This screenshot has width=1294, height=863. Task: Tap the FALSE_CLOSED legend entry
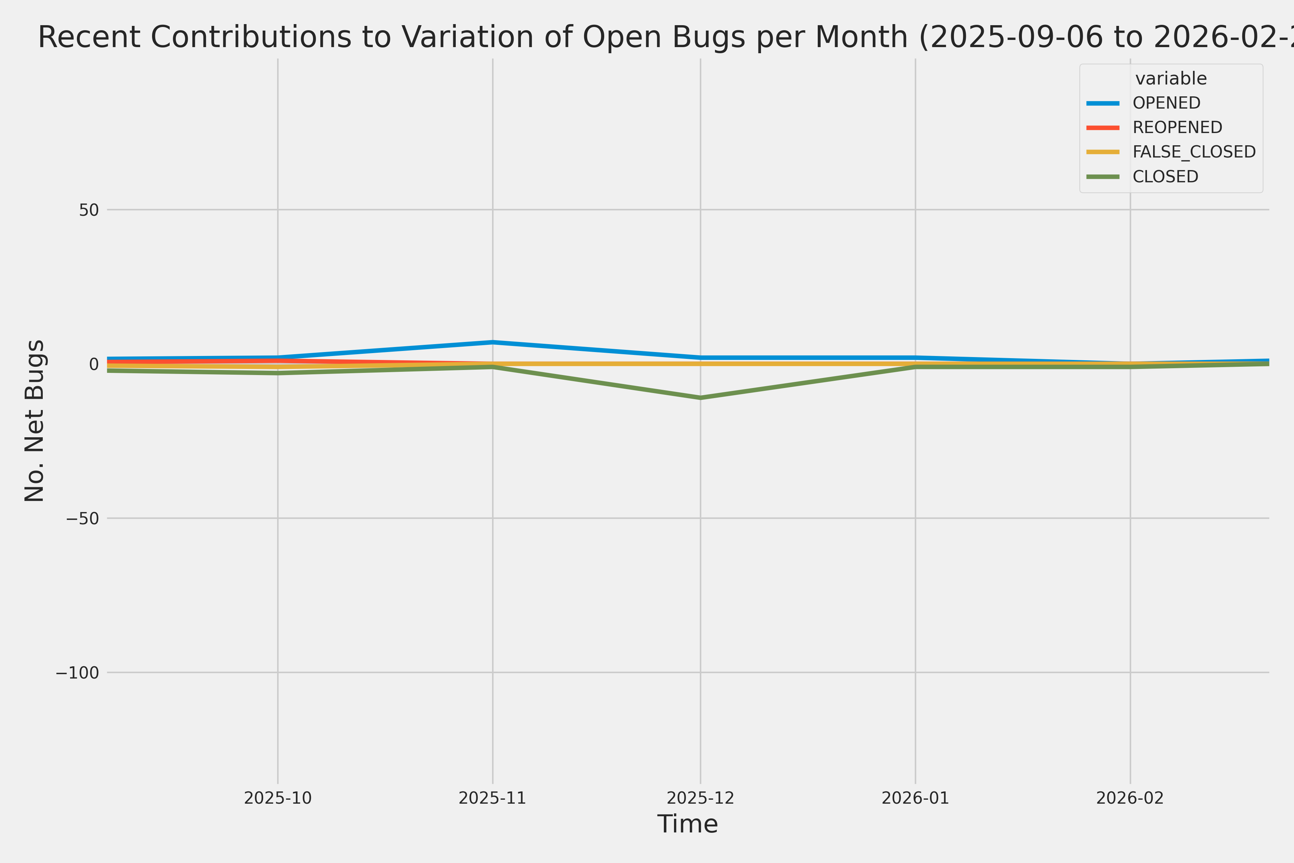click(1193, 152)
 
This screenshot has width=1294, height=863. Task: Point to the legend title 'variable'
click(1171, 79)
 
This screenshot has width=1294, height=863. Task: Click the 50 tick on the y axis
click(88, 210)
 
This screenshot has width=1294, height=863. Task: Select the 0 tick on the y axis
click(93, 364)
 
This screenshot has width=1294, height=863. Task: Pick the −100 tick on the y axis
click(77, 672)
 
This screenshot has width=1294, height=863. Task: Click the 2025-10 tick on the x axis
click(278, 798)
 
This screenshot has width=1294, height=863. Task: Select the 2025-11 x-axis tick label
click(492, 798)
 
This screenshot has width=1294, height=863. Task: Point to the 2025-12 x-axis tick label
click(700, 798)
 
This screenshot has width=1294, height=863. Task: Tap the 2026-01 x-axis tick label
click(916, 798)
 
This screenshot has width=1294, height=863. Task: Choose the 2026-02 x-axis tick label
click(1130, 798)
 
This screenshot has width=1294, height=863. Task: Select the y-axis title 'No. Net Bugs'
click(34, 420)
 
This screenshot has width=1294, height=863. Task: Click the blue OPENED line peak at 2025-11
click(492, 342)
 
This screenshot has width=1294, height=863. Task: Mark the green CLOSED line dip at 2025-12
click(700, 397)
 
